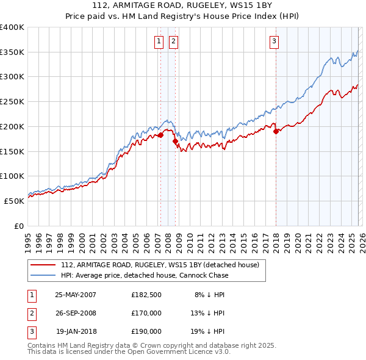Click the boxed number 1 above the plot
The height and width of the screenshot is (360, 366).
tap(159, 41)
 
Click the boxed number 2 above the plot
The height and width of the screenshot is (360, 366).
tap(173, 41)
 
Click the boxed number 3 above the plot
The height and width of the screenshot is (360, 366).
tap(274, 41)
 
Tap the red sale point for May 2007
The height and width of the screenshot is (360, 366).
tap(161, 135)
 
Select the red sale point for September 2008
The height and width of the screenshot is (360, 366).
tap(175, 141)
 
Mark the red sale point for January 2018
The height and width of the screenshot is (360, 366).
tap(276, 131)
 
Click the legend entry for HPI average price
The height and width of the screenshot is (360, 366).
tap(144, 275)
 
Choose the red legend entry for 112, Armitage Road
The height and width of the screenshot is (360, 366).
tap(160, 265)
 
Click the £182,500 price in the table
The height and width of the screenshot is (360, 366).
tap(146, 294)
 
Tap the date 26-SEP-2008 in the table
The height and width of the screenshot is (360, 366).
tap(76, 312)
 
